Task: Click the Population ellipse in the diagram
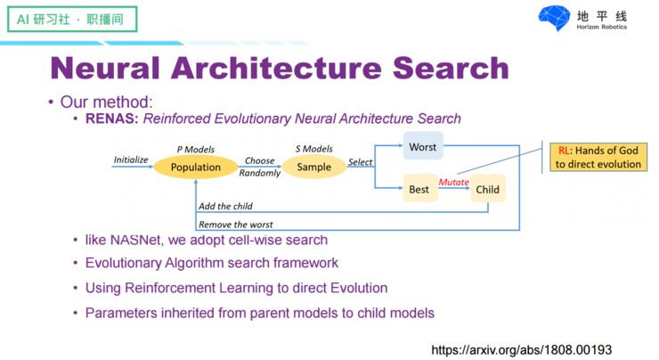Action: [x=196, y=167]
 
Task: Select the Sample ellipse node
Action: [x=313, y=167]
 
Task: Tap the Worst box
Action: [x=422, y=146]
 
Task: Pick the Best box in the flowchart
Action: [x=419, y=189]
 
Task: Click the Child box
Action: [x=487, y=189]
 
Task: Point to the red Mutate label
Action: [x=453, y=182]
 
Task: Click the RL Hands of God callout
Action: [x=598, y=157]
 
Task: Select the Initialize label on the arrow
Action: [x=131, y=160]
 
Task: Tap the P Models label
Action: [x=196, y=149]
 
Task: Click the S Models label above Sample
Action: [x=313, y=149]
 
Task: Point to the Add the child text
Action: [x=225, y=207]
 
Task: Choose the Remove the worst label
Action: [x=235, y=225]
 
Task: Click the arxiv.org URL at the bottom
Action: [x=522, y=350]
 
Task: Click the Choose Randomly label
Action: [x=260, y=167]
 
